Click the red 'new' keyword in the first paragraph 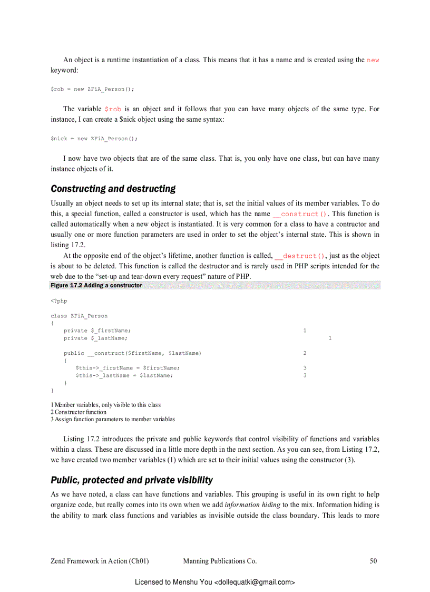point(373,60)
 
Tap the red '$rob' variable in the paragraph point(113,109)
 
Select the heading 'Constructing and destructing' point(113,189)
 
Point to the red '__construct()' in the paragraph point(300,214)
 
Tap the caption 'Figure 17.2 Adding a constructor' point(96,285)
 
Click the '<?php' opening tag point(59,301)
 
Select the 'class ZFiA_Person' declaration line point(79,316)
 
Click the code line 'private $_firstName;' point(97,331)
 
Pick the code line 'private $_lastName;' point(95,338)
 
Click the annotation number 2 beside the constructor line point(305,353)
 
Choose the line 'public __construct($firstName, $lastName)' point(132,353)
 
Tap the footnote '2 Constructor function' point(79,412)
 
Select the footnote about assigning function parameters point(113,419)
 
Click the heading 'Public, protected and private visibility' point(132,480)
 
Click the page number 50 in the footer point(373,561)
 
